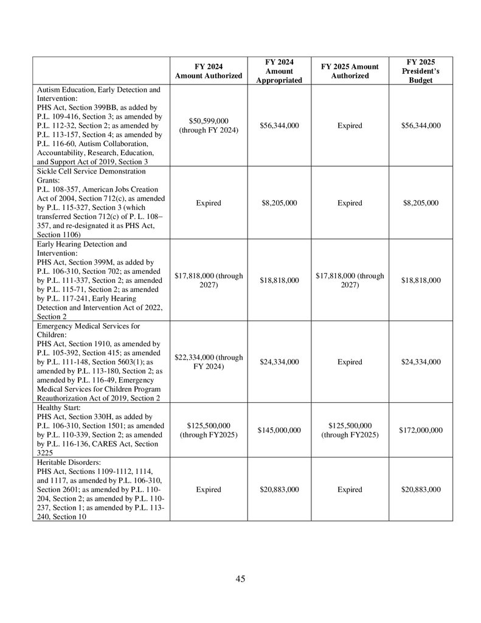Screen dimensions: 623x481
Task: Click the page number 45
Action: click(x=240, y=579)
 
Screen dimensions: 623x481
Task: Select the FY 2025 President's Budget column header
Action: click(x=421, y=71)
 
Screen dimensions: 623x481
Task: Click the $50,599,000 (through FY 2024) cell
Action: click(x=209, y=126)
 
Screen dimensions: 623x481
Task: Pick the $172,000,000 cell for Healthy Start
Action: click(x=421, y=430)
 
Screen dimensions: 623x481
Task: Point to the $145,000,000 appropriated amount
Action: click(x=279, y=430)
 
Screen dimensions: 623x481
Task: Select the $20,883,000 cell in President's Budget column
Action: click(x=421, y=490)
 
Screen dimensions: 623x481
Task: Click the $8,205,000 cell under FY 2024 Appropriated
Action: click(x=279, y=203)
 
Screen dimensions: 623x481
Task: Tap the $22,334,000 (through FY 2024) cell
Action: click(x=209, y=362)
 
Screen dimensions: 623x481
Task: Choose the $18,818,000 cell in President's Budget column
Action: click(x=421, y=280)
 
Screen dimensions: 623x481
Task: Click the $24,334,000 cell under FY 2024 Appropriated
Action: click(x=279, y=362)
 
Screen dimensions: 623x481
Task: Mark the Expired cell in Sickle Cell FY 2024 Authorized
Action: click(x=209, y=203)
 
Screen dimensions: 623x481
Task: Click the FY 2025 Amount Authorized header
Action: click(x=350, y=71)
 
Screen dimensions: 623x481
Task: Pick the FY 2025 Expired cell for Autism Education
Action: click(x=350, y=126)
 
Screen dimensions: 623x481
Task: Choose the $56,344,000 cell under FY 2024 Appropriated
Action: click(x=279, y=126)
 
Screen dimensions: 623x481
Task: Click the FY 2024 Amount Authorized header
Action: click(x=209, y=71)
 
